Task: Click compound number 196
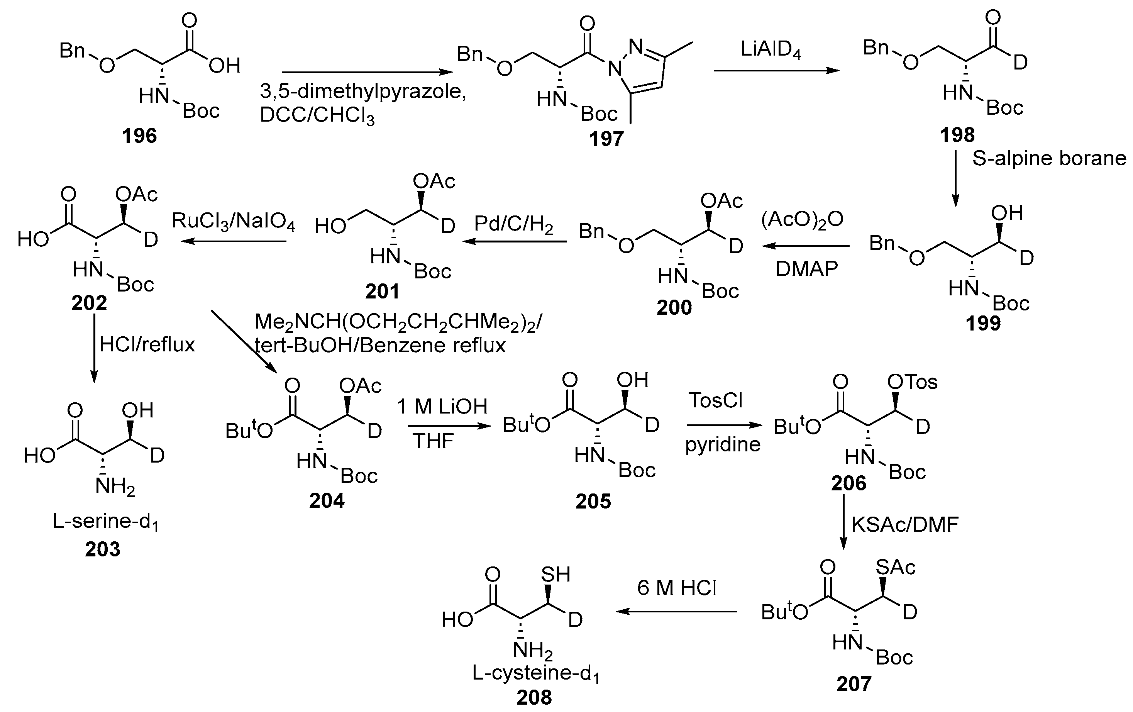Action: point(139,136)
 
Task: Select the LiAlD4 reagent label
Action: point(770,49)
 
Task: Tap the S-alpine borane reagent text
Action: point(1049,158)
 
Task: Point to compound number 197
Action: point(606,139)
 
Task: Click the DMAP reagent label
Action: point(806,269)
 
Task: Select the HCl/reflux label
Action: point(147,344)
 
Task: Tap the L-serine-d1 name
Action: point(105,521)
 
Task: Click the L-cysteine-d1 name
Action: point(535,673)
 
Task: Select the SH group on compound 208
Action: point(555,574)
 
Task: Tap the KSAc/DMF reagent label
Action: point(905,524)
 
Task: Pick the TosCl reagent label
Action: point(715,400)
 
